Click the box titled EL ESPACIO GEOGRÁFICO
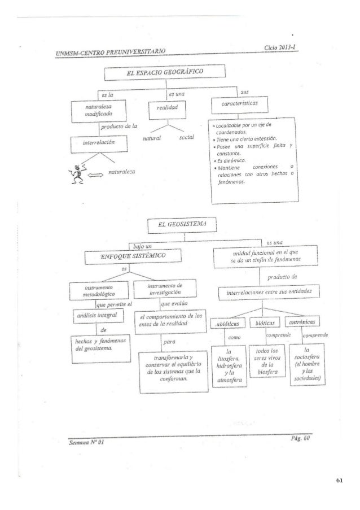tap(164, 72)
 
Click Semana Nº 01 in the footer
tap(88, 443)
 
